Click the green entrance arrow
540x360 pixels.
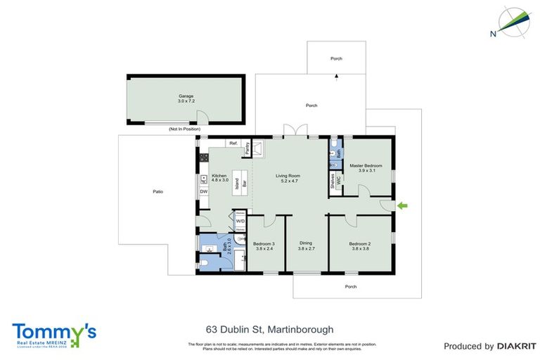(403, 205)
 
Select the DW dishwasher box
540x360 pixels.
(203, 191)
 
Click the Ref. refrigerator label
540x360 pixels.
(233, 143)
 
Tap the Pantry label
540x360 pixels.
(247, 148)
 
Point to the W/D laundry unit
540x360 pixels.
(240, 220)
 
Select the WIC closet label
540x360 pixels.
(338, 180)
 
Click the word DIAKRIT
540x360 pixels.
(516, 346)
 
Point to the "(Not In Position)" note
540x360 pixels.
(184, 129)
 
